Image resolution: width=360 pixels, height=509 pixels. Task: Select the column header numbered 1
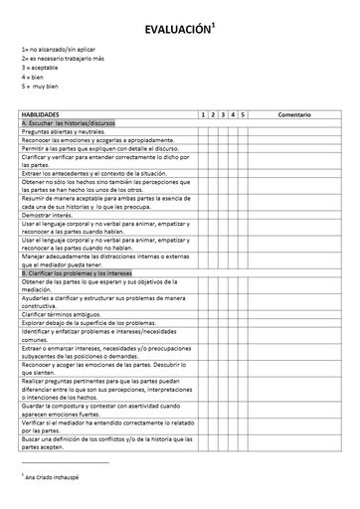[203, 114]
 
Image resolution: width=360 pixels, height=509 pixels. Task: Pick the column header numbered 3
[223, 114]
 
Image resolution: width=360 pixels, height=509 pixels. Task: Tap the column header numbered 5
[243, 114]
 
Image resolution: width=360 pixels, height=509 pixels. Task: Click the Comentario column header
[294, 114]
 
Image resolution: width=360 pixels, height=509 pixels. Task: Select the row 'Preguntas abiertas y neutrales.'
[64, 131]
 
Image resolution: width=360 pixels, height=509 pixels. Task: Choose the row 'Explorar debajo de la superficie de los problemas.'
[89, 323]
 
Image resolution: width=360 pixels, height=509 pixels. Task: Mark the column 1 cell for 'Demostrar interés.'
[203, 215]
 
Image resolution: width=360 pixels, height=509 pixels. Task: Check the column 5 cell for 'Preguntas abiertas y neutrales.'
[243, 131]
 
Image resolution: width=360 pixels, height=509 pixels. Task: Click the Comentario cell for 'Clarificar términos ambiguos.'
[294, 314]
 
